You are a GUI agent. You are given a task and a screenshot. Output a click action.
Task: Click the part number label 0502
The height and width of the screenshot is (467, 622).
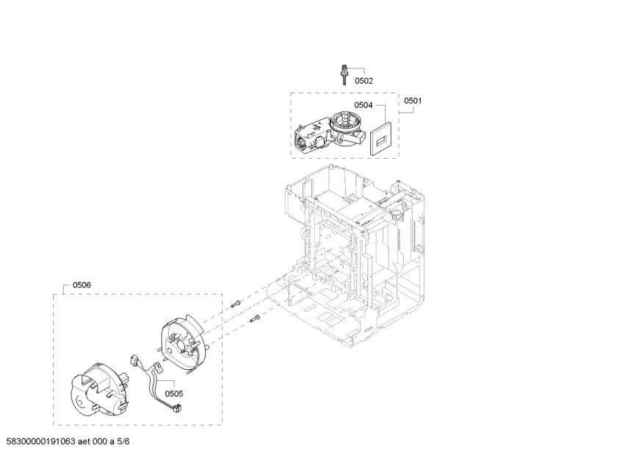click(364, 81)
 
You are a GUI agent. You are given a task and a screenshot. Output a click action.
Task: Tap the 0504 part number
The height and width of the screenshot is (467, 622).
click(364, 105)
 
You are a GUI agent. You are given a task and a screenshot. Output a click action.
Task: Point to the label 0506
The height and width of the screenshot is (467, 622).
click(82, 285)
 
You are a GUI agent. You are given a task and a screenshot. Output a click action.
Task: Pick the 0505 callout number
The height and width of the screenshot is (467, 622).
click(174, 393)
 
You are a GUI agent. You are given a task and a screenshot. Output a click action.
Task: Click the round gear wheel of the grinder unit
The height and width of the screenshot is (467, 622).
click(343, 121)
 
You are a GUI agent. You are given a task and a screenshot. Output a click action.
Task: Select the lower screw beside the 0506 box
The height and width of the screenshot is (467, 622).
click(255, 318)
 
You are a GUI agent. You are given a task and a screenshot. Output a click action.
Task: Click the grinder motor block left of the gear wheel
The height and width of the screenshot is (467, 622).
click(312, 136)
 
